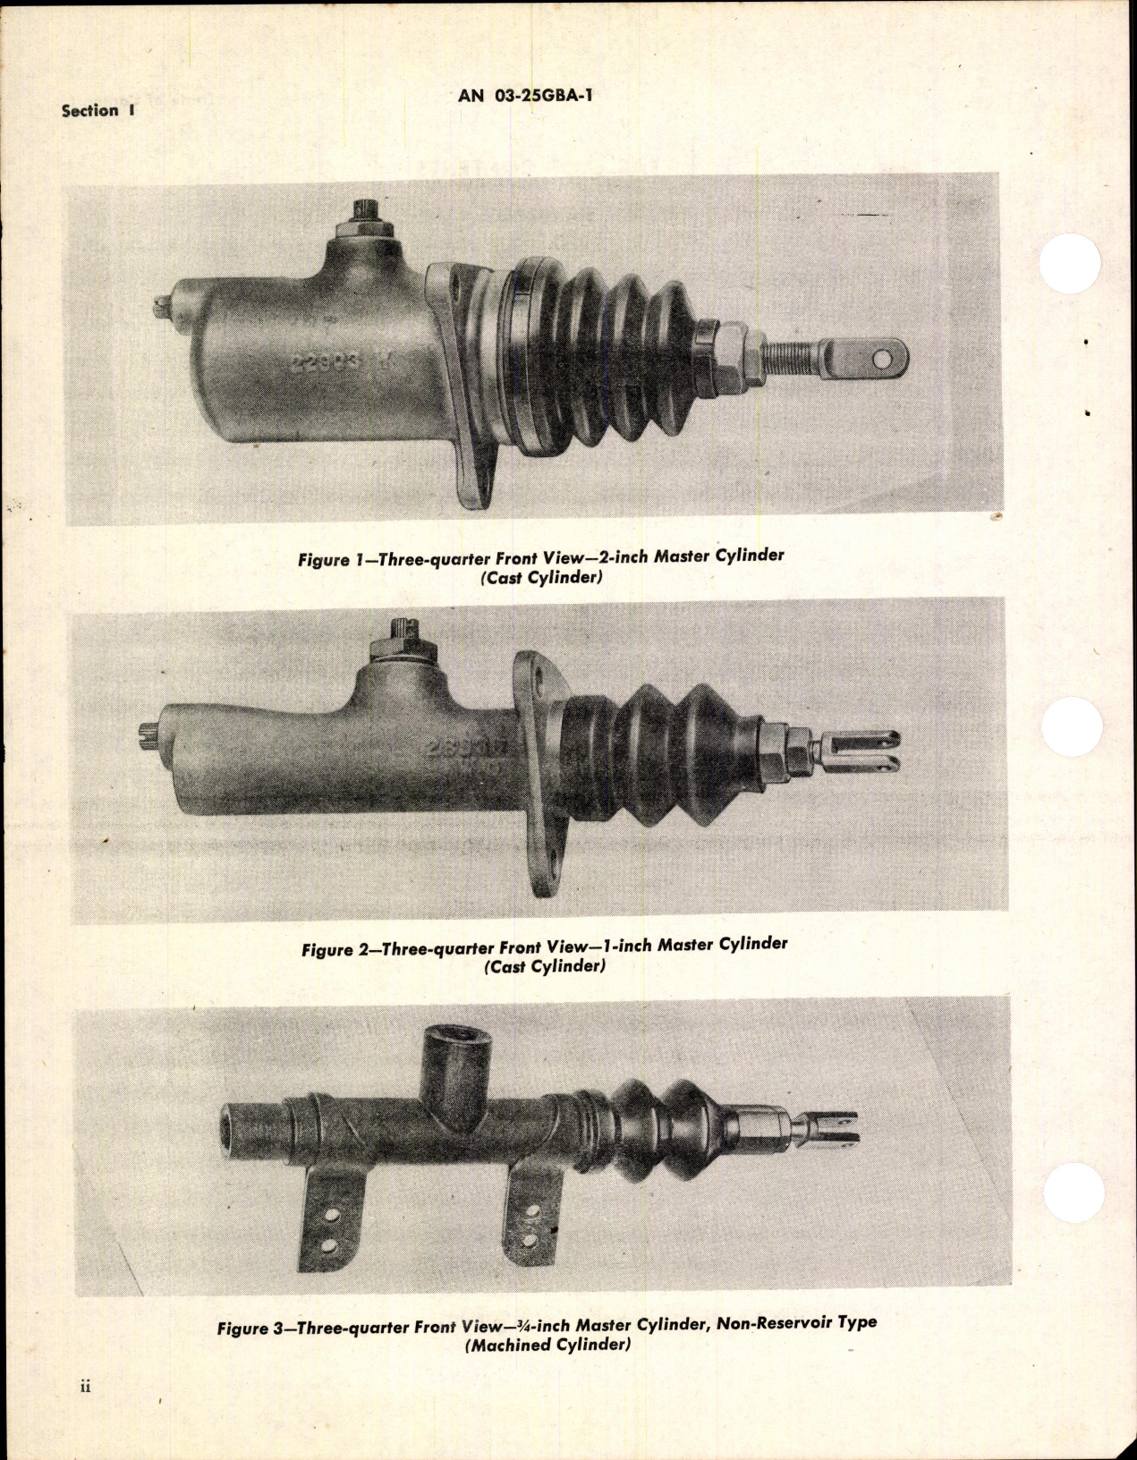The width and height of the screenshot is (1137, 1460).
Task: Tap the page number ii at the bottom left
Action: pos(86,1413)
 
